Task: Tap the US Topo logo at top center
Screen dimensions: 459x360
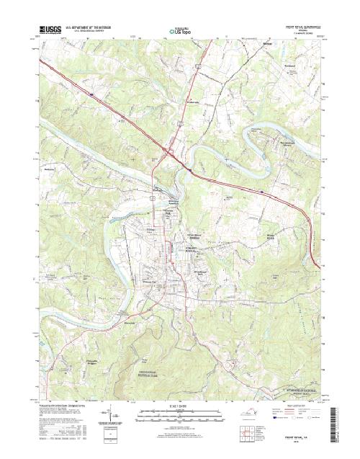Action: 180,31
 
